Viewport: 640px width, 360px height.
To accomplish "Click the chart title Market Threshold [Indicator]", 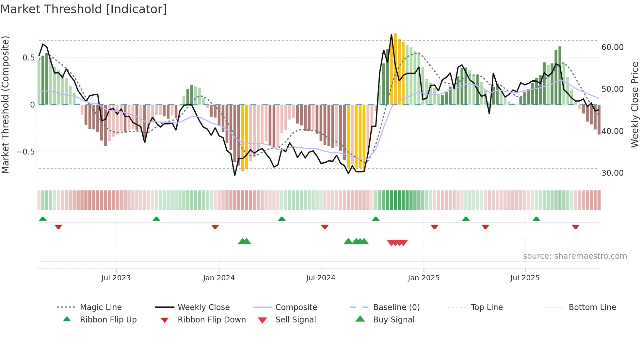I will pos(84,9).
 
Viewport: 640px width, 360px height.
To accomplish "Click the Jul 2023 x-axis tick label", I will pos(116,278).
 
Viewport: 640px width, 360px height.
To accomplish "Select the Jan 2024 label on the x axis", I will pos(219,278).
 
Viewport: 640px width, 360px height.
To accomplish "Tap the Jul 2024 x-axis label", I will pos(321,278).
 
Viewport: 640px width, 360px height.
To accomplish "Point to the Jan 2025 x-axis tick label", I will pos(424,278).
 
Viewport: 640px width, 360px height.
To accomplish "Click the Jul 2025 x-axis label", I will pos(525,278).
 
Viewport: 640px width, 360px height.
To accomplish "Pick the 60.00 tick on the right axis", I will pos(612,47).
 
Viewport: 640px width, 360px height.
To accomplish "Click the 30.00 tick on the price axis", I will pos(612,173).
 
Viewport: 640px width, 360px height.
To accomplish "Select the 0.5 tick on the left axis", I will pos(28,58).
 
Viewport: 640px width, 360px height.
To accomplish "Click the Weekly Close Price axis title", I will pos(634,105).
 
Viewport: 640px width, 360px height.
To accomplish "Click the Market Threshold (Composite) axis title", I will pos(5,105).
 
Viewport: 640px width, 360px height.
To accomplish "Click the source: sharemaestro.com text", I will pos(575,256).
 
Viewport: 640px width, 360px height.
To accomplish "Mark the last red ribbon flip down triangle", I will pos(575,227).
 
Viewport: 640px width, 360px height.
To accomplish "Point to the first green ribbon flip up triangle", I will pos(43,219).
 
